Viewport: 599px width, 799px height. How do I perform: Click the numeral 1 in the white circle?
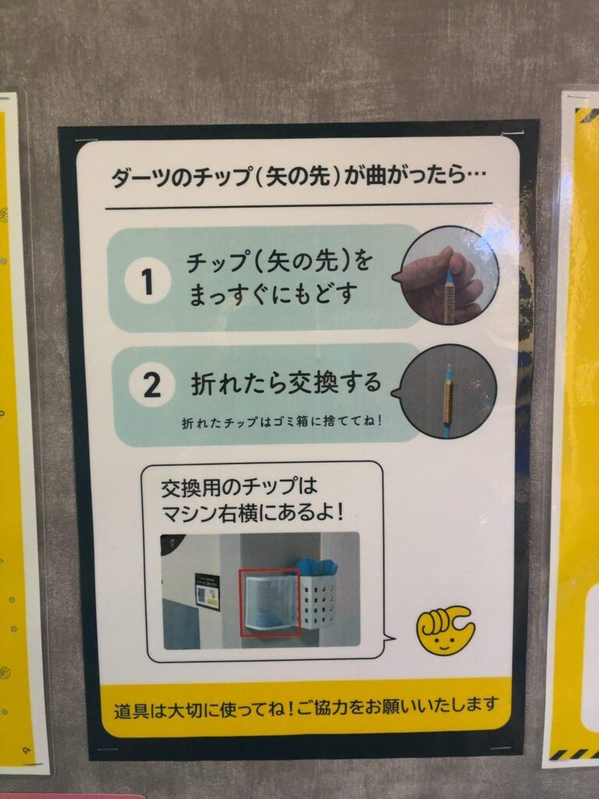pos(147,281)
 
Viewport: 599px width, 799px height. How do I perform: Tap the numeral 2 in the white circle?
pos(151,385)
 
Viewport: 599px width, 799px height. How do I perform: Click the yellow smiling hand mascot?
pos(444,629)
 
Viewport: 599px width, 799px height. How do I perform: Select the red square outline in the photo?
pos(269,602)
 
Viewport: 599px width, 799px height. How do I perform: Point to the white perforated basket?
pos(317,602)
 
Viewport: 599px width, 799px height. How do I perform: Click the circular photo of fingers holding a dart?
pos(448,275)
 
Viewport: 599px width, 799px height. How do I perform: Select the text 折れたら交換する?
pos(286,383)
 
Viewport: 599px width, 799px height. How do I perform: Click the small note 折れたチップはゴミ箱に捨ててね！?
pos(282,422)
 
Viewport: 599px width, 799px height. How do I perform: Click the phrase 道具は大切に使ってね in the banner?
pos(201,708)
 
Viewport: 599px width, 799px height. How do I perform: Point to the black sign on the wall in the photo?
pos(207,591)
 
